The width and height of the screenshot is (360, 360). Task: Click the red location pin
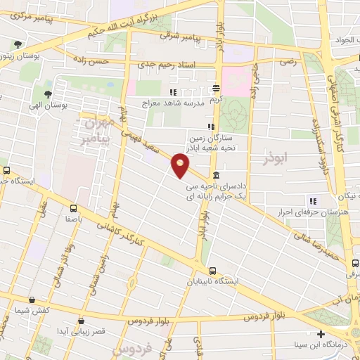[181, 166]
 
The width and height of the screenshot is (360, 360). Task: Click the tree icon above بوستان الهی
[47, 94]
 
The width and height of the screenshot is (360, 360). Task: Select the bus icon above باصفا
[73, 208]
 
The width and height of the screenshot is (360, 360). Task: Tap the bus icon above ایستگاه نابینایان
[212, 271]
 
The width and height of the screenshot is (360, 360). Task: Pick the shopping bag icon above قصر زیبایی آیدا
[82, 321]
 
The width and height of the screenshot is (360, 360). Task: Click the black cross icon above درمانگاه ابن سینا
[321, 334]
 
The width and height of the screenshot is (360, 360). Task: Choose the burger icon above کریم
[217, 89]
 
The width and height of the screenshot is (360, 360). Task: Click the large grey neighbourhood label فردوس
[128, 349]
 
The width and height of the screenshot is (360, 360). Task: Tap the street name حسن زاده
[111, 63]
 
